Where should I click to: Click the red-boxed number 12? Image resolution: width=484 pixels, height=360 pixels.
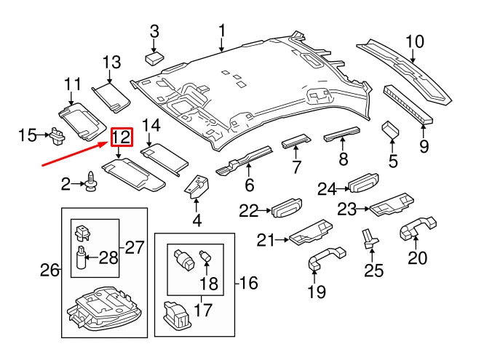tap(122, 137)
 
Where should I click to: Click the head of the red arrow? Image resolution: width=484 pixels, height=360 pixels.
tap(108, 144)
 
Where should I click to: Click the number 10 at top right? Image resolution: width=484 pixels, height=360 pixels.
tap(414, 41)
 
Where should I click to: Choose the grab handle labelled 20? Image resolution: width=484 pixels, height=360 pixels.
tap(416, 229)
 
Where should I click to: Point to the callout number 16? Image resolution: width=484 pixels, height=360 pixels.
tap(247, 283)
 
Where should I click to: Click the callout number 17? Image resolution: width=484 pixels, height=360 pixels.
tap(202, 311)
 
